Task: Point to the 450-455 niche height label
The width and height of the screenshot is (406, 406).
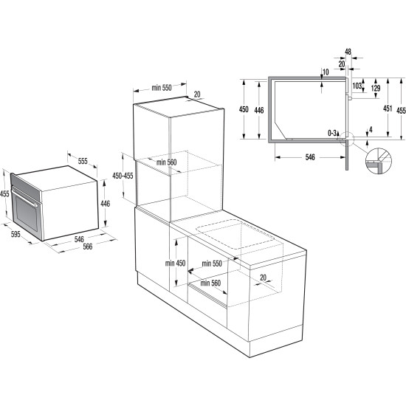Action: [123, 176]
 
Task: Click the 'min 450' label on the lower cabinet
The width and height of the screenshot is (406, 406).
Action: [175, 264]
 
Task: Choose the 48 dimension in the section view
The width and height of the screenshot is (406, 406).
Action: [348, 53]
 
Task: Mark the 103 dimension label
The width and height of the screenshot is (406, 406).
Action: [358, 87]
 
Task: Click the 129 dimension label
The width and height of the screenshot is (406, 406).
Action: [376, 89]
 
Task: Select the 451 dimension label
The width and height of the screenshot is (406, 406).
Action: [388, 109]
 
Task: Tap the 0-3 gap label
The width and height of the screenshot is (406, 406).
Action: [333, 133]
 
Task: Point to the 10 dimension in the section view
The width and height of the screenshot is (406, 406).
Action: [326, 72]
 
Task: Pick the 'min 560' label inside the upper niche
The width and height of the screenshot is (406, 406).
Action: [168, 162]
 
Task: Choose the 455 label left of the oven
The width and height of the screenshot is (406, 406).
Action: [4, 193]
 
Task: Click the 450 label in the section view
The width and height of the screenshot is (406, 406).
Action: [244, 109]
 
